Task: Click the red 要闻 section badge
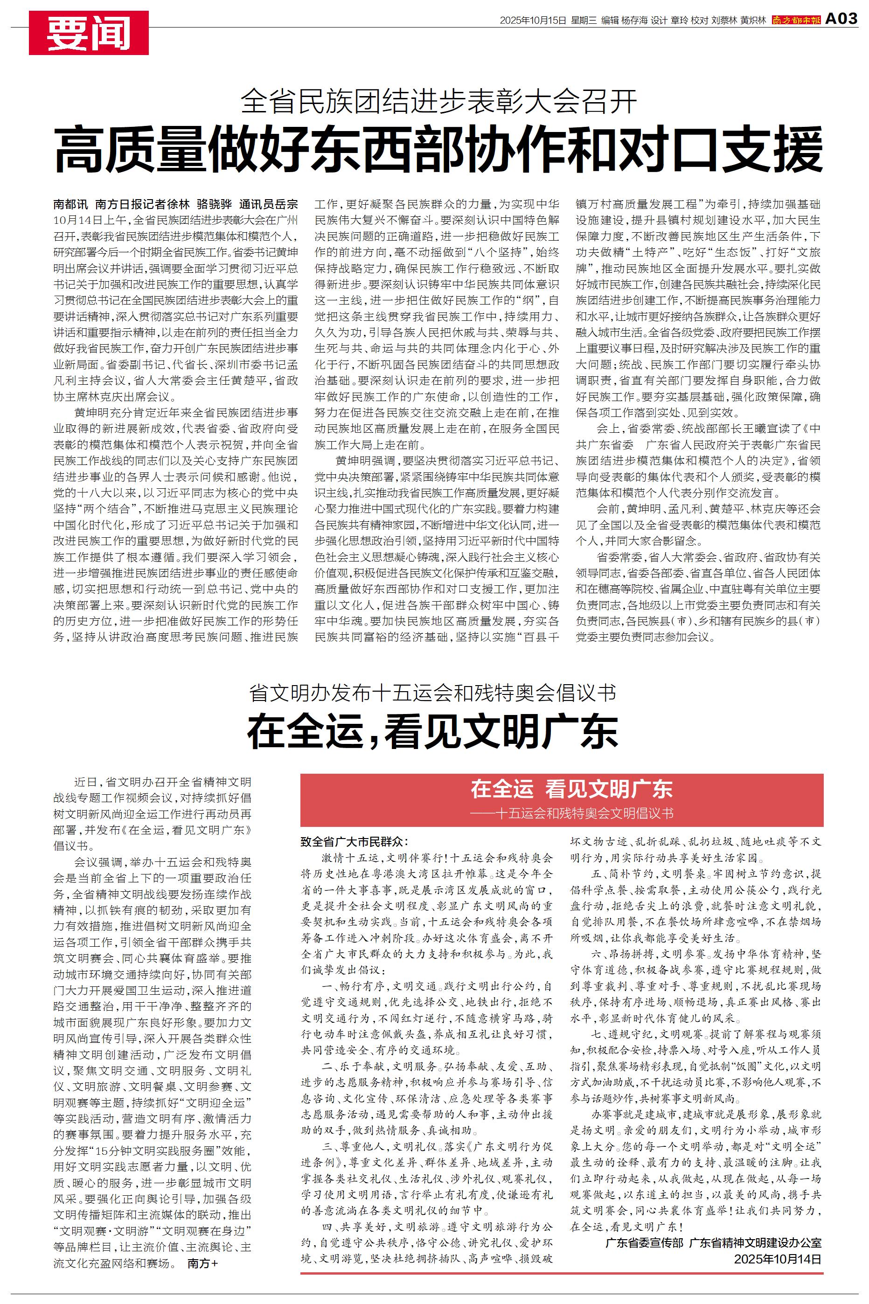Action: point(89,33)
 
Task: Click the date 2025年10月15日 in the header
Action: point(533,21)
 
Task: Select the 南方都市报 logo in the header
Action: point(796,21)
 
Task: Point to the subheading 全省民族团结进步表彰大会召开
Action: point(439,101)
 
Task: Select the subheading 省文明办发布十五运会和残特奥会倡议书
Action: point(432,693)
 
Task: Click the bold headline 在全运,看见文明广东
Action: point(432,732)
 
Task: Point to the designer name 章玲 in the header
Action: point(678,21)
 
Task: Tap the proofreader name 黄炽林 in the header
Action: point(752,21)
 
